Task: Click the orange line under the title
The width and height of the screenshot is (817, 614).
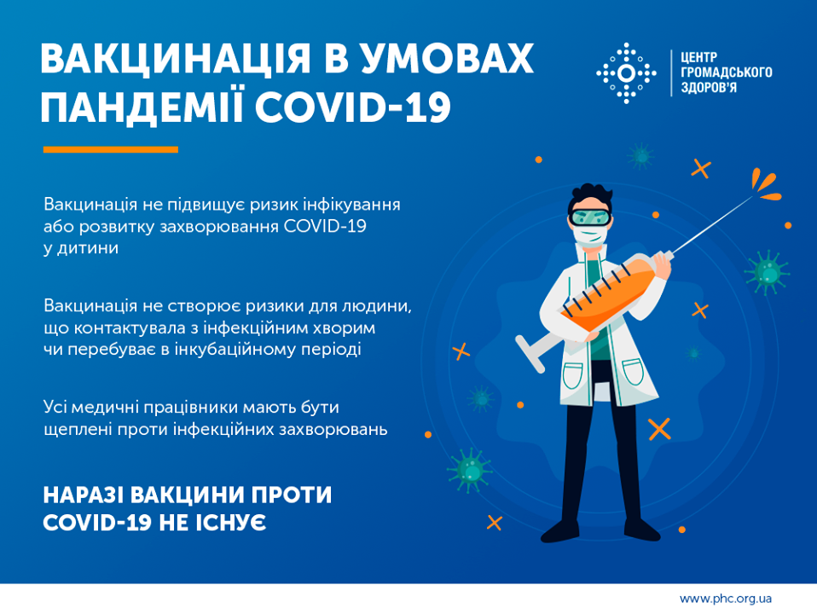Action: tap(111, 149)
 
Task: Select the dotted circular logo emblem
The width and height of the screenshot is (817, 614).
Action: tap(626, 73)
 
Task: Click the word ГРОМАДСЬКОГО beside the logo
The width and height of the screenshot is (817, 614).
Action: tap(726, 73)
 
